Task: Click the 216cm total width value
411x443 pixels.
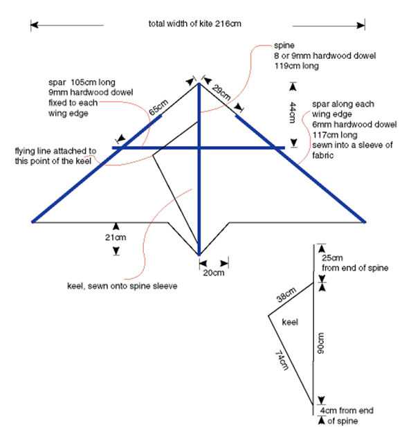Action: pos(228,24)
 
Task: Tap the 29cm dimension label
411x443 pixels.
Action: pos(221,92)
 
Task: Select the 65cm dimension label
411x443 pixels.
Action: pos(158,107)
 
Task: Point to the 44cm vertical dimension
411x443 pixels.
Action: pos(293,113)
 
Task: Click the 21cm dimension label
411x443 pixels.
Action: pos(116,237)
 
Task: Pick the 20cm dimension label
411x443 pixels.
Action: pos(214,273)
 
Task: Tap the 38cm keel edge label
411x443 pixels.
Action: pos(286,294)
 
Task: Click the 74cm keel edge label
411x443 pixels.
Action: pos(282,360)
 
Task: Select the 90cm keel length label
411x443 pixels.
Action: pos(320,343)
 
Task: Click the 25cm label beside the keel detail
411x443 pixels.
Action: pos(332,257)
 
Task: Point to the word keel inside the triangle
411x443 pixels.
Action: pos(290,322)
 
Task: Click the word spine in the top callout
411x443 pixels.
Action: pos(284,45)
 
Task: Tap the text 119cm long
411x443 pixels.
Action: pos(297,66)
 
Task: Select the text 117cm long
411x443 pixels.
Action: pos(335,135)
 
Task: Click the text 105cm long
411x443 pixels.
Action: pos(93,82)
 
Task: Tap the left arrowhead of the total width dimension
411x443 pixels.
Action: pos(34,25)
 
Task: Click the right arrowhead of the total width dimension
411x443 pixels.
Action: pos(360,26)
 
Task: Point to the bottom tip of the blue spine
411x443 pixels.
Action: pos(199,255)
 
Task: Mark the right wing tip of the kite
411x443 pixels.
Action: pos(365,221)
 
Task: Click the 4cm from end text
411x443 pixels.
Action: pos(347,410)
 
